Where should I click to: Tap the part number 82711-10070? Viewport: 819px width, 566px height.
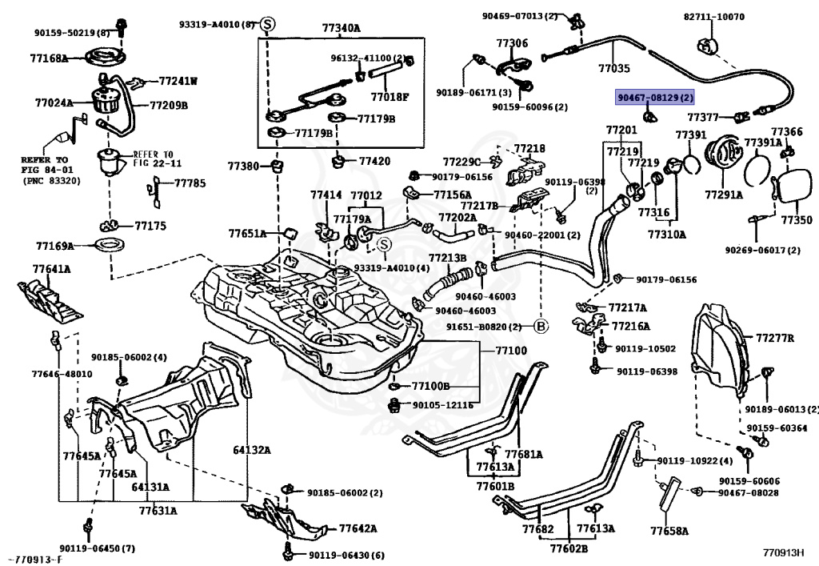pyautogui.click(x=713, y=16)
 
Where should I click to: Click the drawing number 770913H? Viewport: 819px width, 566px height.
pyautogui.click(x=783, y=552)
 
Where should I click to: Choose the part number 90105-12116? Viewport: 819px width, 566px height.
pyautogui.click(x=442, y=406)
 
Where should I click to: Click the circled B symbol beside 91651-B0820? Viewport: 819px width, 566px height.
pyautogui.click(x=541, y=326)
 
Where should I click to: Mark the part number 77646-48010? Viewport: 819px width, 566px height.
pyautogui.click(x=62, y=374)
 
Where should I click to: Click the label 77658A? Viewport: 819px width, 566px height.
pyautogui.click(x=669, y=530)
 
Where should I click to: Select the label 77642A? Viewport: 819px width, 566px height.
pyautogui.click(x=358, y=528)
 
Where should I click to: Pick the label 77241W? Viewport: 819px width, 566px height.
pyautogui.click(x=178, y=81)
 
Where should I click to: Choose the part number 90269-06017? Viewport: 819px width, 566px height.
pyautogui.click(x=762, y=250)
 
